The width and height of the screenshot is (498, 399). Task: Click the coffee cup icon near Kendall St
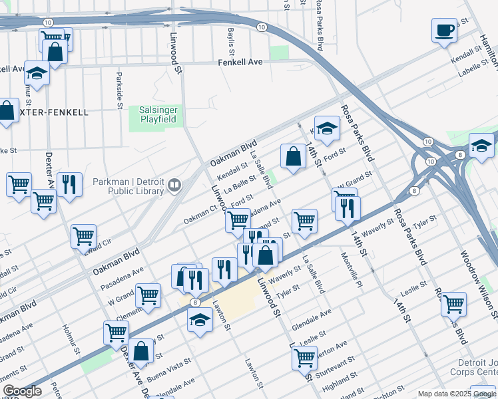coord(445,30)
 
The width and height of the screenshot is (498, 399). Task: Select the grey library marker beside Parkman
coord(175,185)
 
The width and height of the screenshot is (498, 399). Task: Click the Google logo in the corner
coord(22,391)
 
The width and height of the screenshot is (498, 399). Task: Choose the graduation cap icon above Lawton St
coord(200,320)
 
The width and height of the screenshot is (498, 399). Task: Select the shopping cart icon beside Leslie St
coord(453,304)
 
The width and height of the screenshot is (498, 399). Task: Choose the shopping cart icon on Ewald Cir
coord(83,235)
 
